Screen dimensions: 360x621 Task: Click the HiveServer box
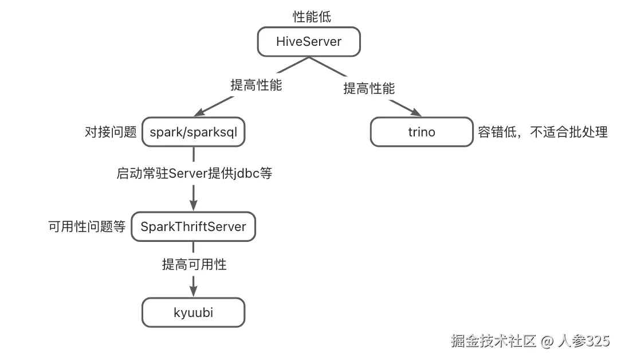point(309,42)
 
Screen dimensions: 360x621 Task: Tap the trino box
point(422,132)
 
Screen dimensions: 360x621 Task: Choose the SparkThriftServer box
point(193,226)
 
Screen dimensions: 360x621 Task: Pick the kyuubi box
point(193,313)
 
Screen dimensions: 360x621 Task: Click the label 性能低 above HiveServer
point(312,17)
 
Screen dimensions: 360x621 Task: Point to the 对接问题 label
point(111,132)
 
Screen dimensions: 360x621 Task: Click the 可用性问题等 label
point(87,226)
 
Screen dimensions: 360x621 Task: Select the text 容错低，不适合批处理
point(543,132)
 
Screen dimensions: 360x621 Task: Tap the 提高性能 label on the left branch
point(256,85)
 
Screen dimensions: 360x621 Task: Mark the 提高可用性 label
point(194,264)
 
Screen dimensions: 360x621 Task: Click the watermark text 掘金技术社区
point(493,342)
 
